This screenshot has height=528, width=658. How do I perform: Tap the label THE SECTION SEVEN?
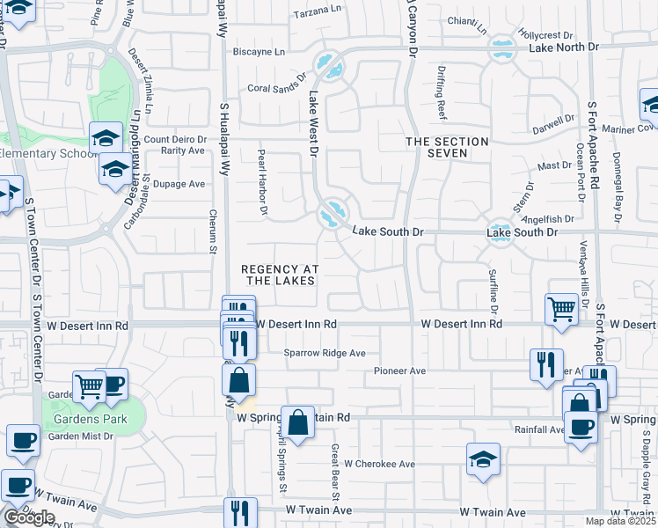click(x=447, y=147)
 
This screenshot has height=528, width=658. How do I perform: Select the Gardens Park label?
click(x=91, y=419)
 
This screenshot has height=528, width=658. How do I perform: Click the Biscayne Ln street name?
click(x=260, y=52)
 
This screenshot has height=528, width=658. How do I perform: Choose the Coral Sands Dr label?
click(x=280, y=88)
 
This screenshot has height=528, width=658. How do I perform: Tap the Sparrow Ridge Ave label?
click(x=324, y=353)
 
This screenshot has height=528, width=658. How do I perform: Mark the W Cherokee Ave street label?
click(x=379, y=464)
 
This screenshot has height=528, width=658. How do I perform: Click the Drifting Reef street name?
click(x=442, y=98)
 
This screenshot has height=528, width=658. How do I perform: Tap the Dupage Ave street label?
click(x=179, y=184)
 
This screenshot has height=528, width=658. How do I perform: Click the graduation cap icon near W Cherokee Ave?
click(x=483, y=459)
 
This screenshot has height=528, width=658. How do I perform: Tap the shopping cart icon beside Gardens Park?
click(x=89, y=386)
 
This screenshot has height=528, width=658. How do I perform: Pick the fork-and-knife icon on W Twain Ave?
click(x=239, y=512)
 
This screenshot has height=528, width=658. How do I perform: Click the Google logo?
click(x=29, y=517)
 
